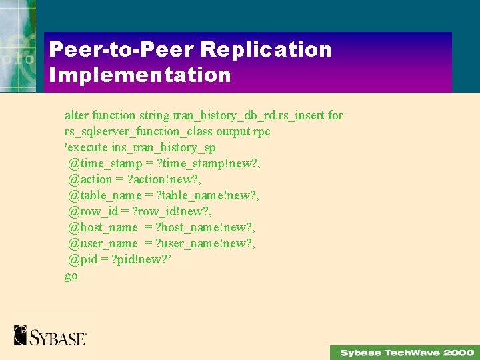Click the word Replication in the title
click(265, 49)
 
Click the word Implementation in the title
click(140, 75)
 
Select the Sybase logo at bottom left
click(50, 335)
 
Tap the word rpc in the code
click(261, 131)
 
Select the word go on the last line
click(71, 275)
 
